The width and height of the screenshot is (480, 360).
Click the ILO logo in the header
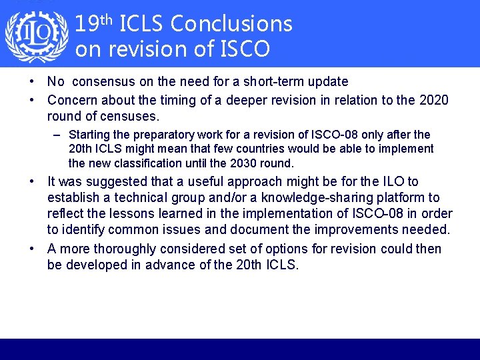click(36, 35)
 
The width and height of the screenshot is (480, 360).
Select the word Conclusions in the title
click(231, 24)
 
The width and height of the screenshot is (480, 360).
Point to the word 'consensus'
click(99, 82)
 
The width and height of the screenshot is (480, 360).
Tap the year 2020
click(435, 100)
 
